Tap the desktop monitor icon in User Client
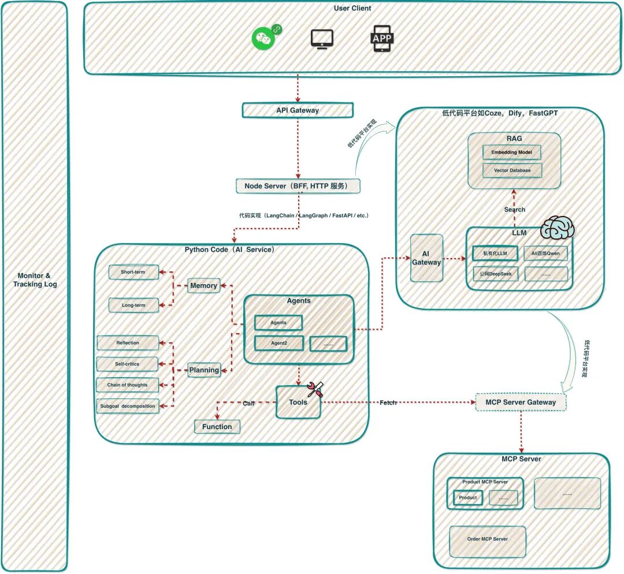[322, 39]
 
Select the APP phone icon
[381, 39]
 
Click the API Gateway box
[297, 110]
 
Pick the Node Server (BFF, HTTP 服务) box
[298, 186]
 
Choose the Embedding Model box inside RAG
[512, 152]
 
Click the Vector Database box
[512, 170]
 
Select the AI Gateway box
[426, 258]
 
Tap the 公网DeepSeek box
[495, 274]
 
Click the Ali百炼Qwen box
[545, 254]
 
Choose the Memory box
[203, 285]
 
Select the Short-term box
[133, 272]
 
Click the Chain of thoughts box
[128, 385]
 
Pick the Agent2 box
[278, 343]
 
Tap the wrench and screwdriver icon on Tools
[315, 390]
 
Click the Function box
[217, 427]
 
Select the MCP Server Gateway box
[521, 402]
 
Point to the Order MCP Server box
[488, 539]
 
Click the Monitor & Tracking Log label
[35, 280]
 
